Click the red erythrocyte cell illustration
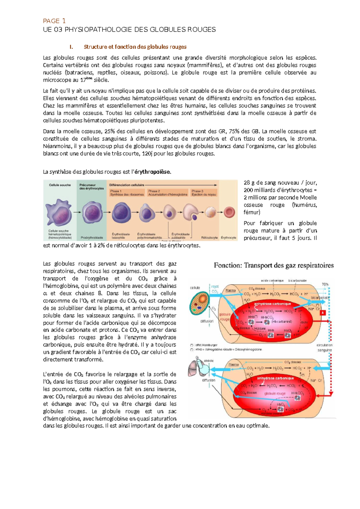coord(229,212)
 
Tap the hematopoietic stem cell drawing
coord(59,212)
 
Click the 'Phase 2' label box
coord(167,193)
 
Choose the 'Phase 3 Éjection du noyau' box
coord(204,193)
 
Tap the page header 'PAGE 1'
coord(54,21)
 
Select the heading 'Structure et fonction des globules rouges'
coord(135,47)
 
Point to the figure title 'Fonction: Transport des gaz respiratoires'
coord(274,265)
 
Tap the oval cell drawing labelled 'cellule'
coord(199,303)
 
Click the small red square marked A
coord(323,313)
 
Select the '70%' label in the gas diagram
coord(325,284)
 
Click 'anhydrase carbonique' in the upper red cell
coord(272,304)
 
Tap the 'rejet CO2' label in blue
coord(215,289)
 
